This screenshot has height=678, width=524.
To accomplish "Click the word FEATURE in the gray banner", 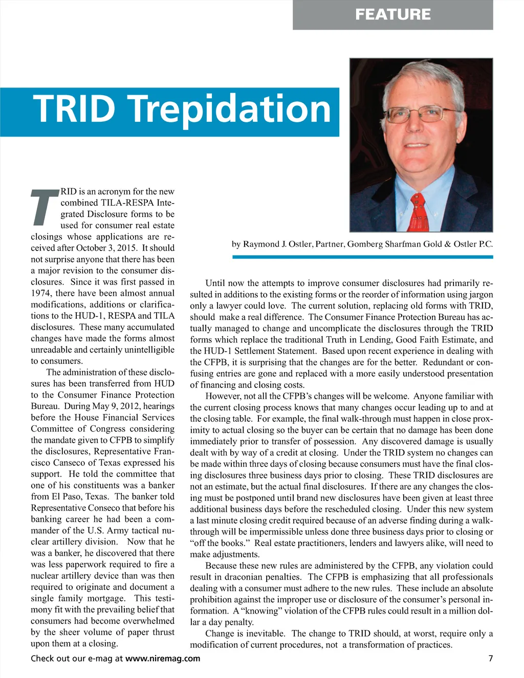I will point(392,14).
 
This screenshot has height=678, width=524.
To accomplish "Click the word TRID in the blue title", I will point(75,109).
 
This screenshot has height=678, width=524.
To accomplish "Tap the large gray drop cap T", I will point(45,207).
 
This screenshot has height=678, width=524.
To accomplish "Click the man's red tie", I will point(419,212).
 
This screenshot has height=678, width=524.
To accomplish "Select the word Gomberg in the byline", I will point(365,244).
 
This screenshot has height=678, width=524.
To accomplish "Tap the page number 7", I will point(490,659).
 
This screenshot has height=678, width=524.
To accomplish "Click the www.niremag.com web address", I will point(163,659).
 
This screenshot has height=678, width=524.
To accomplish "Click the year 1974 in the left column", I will point(41,293).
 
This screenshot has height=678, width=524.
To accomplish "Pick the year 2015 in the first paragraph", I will point(127,248).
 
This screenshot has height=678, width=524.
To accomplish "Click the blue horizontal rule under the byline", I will point(362,257).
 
